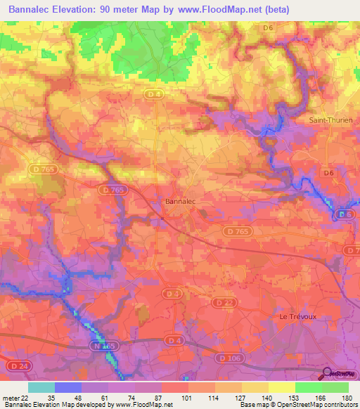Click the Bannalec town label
point(179,201)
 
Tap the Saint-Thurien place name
point(330,120)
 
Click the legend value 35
point(51,397)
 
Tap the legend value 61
point(104,397)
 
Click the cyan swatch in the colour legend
point(41,387)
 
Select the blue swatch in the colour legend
point(68,387)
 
